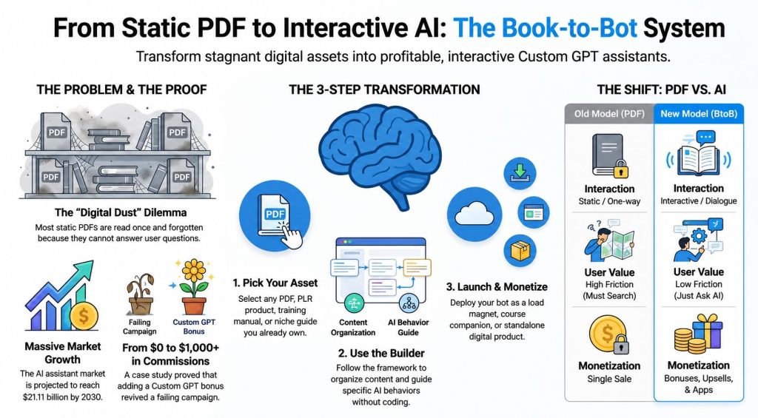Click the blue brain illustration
click(380, 155)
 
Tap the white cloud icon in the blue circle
click(474, 214)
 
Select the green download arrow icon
click(520, 172)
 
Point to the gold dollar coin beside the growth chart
click(84, 317)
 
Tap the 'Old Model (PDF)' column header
click(609, 114)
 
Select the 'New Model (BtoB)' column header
click(699, 114)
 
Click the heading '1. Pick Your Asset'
click(275, 283)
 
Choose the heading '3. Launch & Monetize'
click(497, 286)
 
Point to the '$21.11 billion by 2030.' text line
click(62, 397)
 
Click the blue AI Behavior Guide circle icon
click(409, 303)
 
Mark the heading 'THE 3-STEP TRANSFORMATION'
click(384, 90)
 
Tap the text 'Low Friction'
click(699, 284)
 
